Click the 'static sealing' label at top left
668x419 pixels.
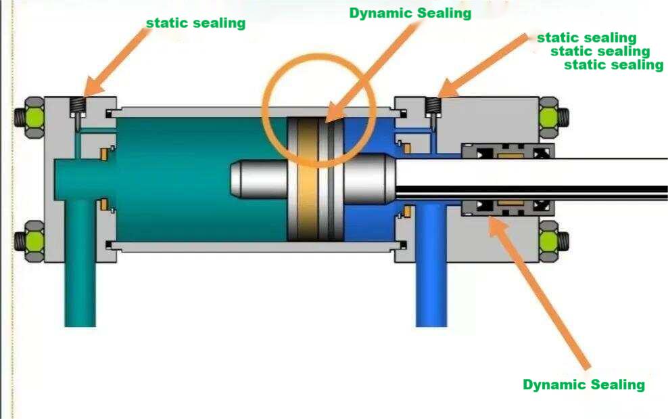pyautogui.click(x=195, y=23)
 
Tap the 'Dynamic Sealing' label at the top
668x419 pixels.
pyautogui.click(x=410, y=14)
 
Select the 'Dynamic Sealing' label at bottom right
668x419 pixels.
pyautogui.click(x=583, y=384)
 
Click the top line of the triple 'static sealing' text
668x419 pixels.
pyautogui.click(x=587, y=38)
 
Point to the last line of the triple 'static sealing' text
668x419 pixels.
pyautogui.click(x=614, y=65)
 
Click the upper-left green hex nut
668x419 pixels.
pyautogui.click(x=34, y=117)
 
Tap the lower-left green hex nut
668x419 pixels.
pyautogui.click(x=34, y=241)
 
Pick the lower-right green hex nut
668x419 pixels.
pyautogui.click(x=549, y=241)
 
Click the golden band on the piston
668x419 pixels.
pyautogui.click(x=308, y=179)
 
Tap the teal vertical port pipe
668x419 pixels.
pyautogui.click(x=80, y=263)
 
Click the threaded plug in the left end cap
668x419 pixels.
pyautogui.click(x=77, y=106)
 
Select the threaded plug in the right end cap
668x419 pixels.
pyautogui.click(x=433, y=106)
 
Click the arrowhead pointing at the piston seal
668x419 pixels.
pyautogui.click(x=335, y=113)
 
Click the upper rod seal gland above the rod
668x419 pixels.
pyautogui.click(x=508, y=151)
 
